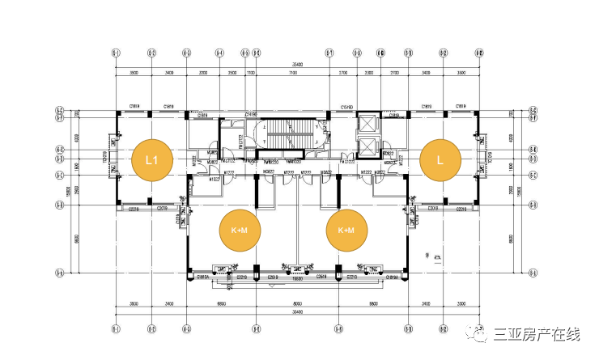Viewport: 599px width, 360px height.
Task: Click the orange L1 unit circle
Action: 151,159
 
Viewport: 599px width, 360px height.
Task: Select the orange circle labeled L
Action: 440,159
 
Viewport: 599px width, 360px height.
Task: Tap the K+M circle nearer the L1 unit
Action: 239,230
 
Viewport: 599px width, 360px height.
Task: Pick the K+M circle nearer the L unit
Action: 346,230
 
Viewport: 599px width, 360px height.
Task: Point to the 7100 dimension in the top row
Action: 290,74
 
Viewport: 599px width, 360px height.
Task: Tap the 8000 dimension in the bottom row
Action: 297,304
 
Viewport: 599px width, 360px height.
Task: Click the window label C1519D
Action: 347,107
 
